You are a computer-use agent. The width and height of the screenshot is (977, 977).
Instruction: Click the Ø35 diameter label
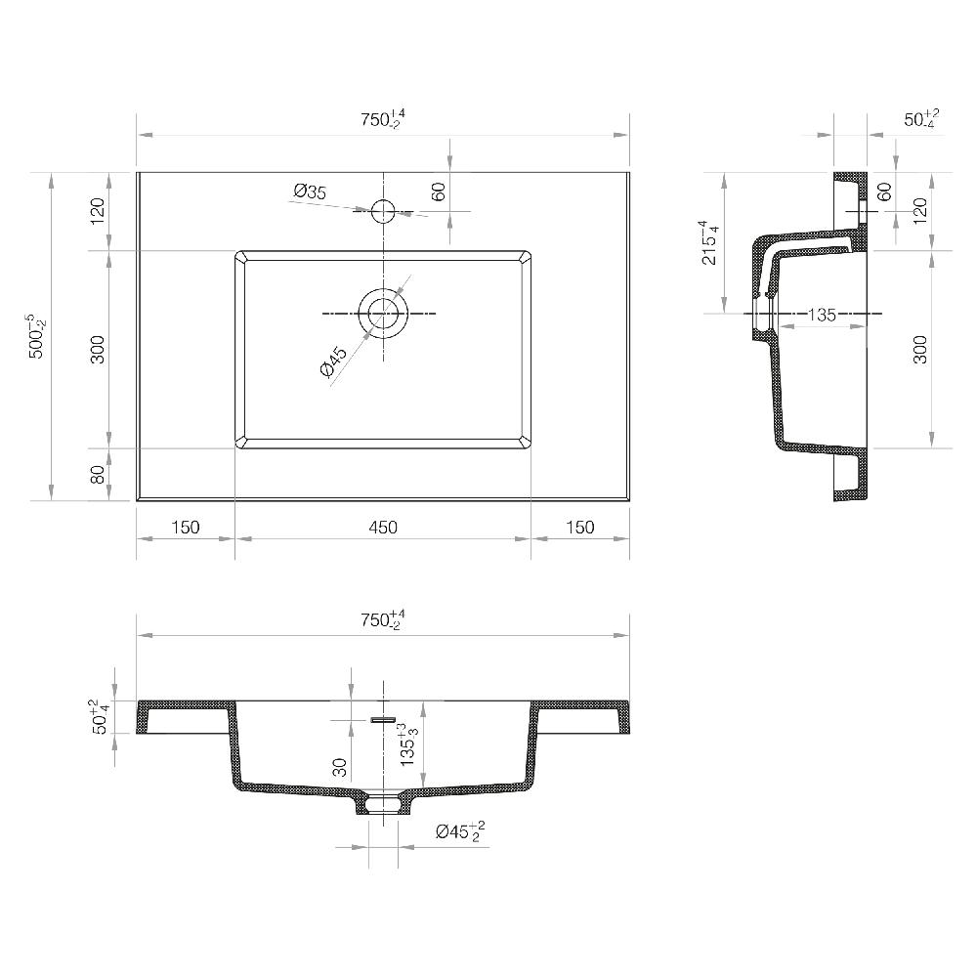pos(310,191)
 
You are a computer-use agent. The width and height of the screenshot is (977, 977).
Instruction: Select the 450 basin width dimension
pos(383,528)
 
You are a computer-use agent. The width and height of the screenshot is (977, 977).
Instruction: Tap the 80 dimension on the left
pos(98,475)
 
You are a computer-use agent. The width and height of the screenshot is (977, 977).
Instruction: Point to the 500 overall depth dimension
pos(35,336)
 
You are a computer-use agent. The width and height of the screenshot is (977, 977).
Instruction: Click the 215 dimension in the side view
pos(710,242)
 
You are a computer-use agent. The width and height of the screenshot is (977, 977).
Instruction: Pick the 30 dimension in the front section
pos(339,767)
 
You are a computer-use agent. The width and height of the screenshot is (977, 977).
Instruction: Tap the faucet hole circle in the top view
pos(383,210)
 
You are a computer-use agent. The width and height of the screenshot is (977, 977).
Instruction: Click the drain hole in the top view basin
pos(383,313)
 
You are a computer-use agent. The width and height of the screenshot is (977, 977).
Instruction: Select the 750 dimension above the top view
pos(382,120)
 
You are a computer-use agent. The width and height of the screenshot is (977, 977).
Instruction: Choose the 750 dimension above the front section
pos(382,619)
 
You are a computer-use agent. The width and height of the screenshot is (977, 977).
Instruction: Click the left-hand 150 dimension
pos(185,528)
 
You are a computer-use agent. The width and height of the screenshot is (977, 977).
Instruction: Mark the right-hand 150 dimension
pos(579,528)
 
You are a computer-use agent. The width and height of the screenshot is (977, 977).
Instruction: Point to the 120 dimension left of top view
pos(98,211)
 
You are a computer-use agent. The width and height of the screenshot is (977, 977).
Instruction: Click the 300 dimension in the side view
pos(920,349)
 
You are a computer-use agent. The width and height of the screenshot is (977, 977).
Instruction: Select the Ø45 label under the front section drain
pos(460,832)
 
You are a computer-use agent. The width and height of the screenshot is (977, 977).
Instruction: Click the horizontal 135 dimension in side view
pos(822,315)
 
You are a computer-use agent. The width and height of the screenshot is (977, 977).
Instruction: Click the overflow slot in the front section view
pos(383,720)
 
